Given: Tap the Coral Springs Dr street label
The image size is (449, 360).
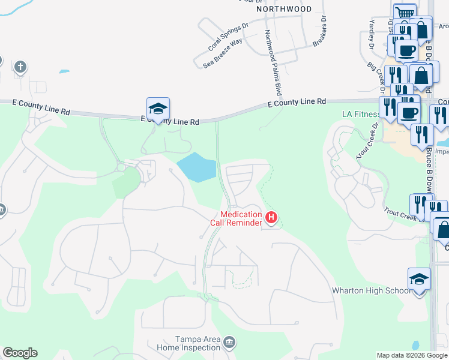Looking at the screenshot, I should (x=228, y=37).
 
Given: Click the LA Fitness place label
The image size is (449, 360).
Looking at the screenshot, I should (x=360, y=114).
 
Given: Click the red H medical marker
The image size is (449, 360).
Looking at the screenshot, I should (x=271, y=218).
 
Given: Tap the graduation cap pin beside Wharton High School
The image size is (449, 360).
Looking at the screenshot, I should (x=419, y=278).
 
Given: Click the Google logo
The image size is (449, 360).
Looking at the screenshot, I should (x=20, y=353).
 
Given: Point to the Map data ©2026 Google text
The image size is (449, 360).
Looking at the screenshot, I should (x=412, y=355).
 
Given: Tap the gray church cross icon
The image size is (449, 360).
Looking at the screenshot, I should (x=20, y=66).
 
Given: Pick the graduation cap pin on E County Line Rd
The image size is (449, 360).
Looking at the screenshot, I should (x=158, y=109).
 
